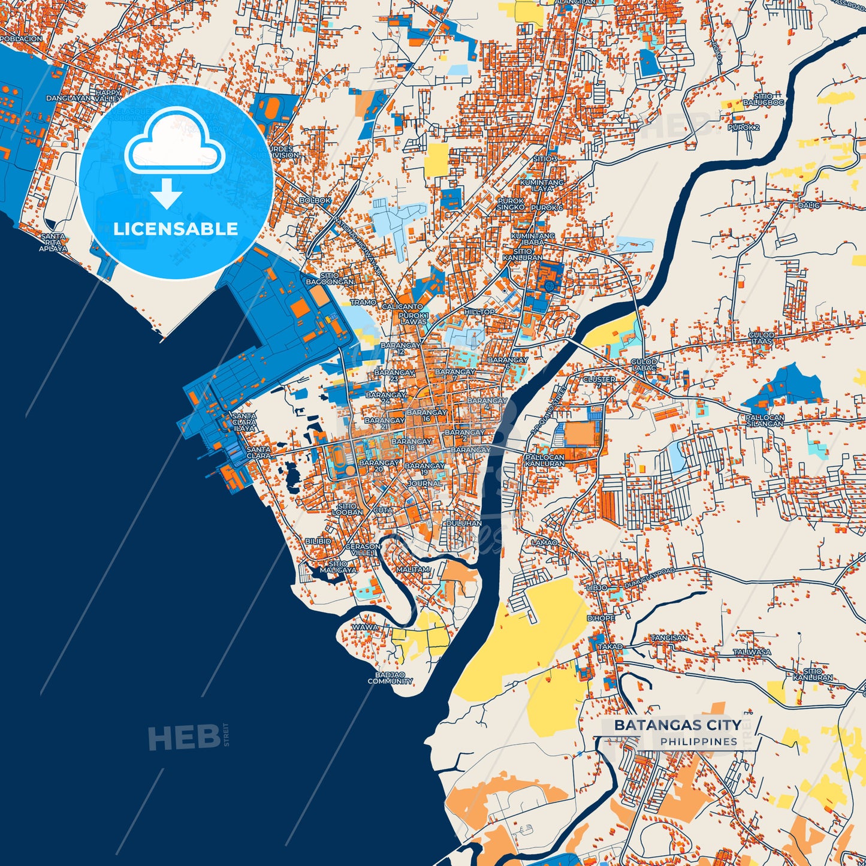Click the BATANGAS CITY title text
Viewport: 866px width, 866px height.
[x=677, y=725]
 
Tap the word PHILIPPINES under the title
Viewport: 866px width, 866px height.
[x=699, y=742]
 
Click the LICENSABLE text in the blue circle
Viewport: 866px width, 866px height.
[x=176, y=229]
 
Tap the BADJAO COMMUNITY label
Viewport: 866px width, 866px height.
[x=390, y=678]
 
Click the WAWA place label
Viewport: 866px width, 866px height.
[x=365, y=627]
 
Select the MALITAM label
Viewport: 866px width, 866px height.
[x=412, y=569]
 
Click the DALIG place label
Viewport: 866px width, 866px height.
[x=808, y=205]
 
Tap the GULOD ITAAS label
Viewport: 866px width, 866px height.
[x=761, y=338]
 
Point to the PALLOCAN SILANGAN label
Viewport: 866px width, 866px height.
[x=765, y=420]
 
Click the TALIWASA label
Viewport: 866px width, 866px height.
[x=752, y=652]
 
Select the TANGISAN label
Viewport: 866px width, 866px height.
[x=669, y=638]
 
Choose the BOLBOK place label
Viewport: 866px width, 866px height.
[x=315, y=201]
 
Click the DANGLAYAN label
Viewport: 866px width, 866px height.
[x=68, y=98]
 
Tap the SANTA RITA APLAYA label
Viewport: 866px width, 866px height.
[x=53, y=243]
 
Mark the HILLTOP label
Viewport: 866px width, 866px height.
[x=479, y=312]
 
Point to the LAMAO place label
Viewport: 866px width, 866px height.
[x=544, y=542]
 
